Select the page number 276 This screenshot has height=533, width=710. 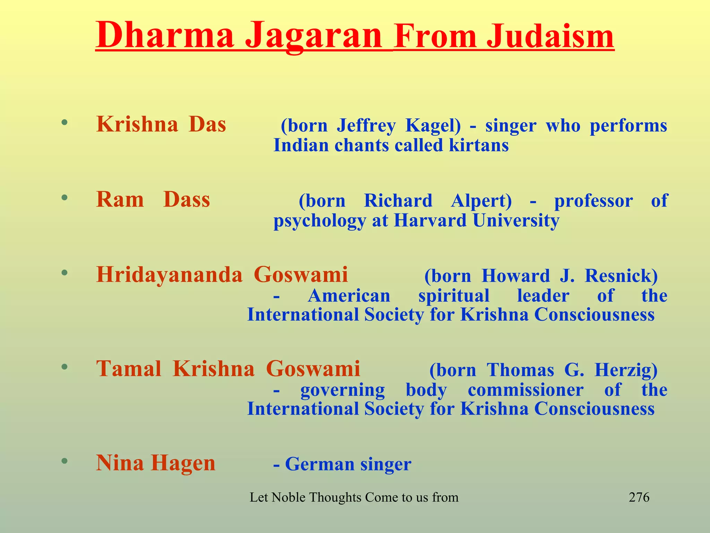tap(639, 497)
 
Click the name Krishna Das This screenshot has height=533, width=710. tap(161, 124)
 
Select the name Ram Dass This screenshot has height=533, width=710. tap(153, 200)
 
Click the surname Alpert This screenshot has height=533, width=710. tap(481, 201)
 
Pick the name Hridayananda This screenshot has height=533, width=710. tap(169, 275)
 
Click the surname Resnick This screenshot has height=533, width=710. tap(621, 276)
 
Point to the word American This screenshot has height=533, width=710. tap(349, 296)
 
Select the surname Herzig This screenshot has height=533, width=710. tap(626, 370)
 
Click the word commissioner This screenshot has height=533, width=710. tap(525, 390)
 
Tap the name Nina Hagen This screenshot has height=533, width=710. tap(156, 463)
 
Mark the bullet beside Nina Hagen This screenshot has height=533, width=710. tap(64, 461)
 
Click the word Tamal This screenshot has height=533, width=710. tap(129, 369)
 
